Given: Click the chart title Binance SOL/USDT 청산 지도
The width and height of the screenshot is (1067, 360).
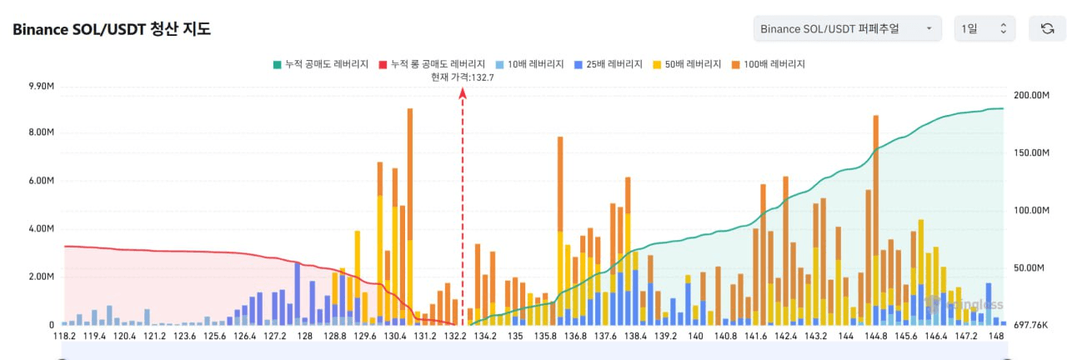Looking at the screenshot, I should pyautogui.click(x=112, y=29).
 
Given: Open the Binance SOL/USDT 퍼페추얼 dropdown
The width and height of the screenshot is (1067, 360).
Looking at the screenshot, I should pyautogui.click(x=847, y=29).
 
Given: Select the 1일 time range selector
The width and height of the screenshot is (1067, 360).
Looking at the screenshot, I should pyautogui.click(x=984, y=29).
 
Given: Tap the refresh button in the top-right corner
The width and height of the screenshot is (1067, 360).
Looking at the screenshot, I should pyautogui.click(x=1047, y=29).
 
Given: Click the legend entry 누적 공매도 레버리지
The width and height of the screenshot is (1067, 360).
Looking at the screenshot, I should pyautogui.click(x=320, y=64).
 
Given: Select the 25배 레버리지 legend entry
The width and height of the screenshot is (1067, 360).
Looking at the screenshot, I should pyautogui.click(x=608, y=64).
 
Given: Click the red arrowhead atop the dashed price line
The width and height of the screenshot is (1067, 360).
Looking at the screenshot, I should pyautogui.click(x=463, y=93).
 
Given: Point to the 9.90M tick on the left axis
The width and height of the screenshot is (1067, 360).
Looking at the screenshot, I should pyautogui.click(x=42, y=87).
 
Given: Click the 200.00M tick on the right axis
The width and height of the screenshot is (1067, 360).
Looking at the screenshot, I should pyautogui.click(x=1030, y=95).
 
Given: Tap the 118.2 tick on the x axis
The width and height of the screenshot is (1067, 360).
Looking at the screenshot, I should pyautogui.click(x=64, y=336).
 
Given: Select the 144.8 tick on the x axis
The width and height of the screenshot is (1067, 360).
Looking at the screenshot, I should pyautogui.click(x=876, y=336).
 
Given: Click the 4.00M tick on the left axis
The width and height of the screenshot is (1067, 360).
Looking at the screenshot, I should pyautogui.click(x=42, y=228).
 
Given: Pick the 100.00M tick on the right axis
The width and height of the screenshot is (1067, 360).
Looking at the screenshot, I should pyautogui.click(x=1030, y=210).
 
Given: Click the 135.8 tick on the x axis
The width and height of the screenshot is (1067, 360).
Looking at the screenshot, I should pyautogui.click(x=545, y=336).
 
